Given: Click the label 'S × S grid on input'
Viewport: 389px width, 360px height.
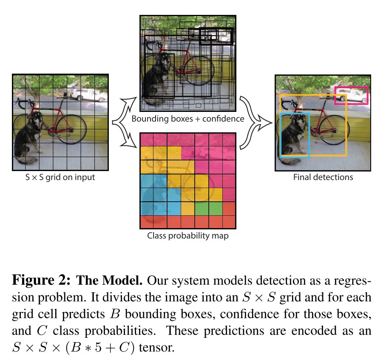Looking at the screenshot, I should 60,177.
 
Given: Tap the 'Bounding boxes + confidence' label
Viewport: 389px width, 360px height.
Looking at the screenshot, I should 187,119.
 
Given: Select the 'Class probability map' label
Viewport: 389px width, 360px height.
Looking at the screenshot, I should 187,235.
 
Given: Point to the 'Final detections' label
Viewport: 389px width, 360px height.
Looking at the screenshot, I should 323,177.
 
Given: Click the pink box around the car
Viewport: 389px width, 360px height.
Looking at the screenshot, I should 351,88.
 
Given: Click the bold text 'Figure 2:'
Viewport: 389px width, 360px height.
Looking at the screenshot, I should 40,282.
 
